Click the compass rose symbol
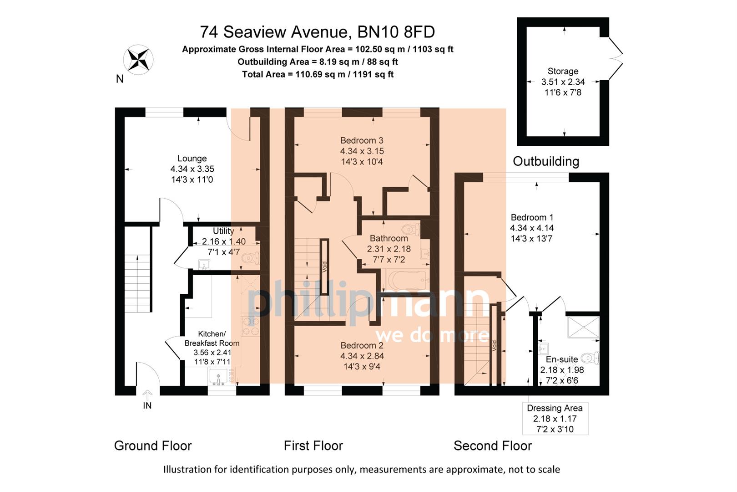click(x=138, y=60)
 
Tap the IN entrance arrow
click(x=147, y=395)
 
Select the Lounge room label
click(x=192, y=159)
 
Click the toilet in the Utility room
click(x=250, y=258)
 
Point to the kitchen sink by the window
click(x=218, y=377)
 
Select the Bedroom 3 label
click(x=362, y=140)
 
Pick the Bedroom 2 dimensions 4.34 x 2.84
click(x=362, y=356)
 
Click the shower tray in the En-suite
click(x=583, y=327)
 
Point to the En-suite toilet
click(x=591, y=358)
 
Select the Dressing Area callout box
click(x=555, y=418)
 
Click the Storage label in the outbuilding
click(x=563, y=71)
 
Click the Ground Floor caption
click(x=153, y=446)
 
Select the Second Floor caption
click(x=492, y=446)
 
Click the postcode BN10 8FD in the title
click(x=396, y=32)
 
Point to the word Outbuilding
click(x=545, y=161)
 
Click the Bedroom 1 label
click(x=531, y=217)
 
